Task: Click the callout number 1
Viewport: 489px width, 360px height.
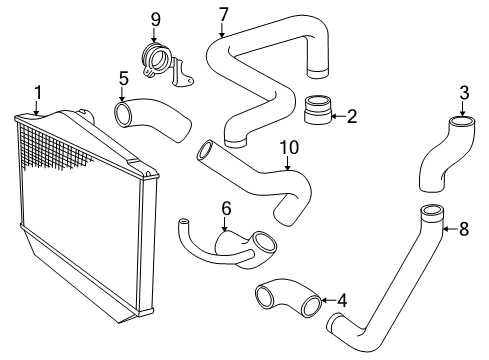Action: (x=38, y=93)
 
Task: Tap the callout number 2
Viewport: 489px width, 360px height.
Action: (x=352, y=116)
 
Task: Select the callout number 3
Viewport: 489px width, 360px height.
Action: (x=464, y=93)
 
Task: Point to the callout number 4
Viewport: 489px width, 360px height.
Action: (x=342, y=300)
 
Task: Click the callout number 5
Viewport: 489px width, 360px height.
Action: (x=124, y=79)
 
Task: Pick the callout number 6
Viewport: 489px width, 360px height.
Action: (x=226, y=209)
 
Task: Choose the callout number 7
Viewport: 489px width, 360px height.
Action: (x=224, y=15)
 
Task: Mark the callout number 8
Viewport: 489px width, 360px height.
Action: (x=464, y=229)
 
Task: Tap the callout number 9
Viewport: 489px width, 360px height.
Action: (x=155, y=19)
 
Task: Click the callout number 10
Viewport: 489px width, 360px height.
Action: (x=289, y=147)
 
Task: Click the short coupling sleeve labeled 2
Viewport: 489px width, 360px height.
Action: (x=318, y=110)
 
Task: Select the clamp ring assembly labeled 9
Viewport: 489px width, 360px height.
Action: (x=166, y=65)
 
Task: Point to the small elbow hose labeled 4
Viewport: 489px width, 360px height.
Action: (x=287, y=297)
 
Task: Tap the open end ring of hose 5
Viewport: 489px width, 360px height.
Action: (x=123, y=114)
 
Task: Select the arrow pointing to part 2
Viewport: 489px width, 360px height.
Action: (x=338, y=116)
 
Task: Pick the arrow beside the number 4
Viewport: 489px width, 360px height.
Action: (x=329, y=300)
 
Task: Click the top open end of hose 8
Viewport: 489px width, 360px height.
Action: (x=432, y=211)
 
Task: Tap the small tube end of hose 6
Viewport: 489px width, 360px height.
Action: (x=183, y=221)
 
